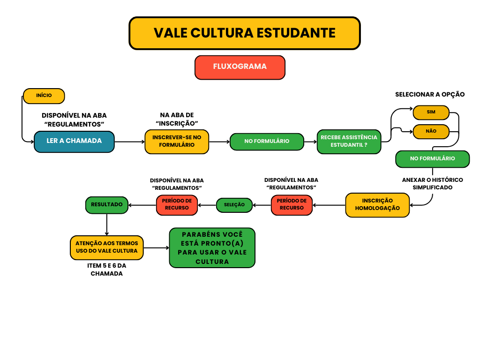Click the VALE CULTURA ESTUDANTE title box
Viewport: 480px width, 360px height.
244,33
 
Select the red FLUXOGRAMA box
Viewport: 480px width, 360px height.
240,67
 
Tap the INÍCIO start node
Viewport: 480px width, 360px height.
44,96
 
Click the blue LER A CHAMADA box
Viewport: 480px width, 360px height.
74,141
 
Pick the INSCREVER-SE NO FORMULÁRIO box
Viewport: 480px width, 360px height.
177,141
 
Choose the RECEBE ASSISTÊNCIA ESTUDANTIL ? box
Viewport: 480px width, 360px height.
349,141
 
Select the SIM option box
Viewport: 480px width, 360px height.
431,112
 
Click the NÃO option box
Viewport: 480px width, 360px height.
431,131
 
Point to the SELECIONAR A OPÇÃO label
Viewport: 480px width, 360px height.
430,94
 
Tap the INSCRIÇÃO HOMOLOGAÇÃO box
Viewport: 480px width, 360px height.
377,205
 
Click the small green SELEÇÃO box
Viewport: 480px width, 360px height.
234,205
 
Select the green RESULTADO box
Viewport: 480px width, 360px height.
107,205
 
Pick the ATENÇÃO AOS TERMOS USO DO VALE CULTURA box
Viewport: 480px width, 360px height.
107,247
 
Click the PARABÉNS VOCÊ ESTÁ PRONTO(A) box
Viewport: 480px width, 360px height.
212,247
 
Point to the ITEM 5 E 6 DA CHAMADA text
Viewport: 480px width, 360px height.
107,270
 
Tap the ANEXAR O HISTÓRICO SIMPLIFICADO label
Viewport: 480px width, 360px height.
432,184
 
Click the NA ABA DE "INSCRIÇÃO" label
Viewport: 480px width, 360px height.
177,119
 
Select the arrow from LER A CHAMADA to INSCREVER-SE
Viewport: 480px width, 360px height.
129,141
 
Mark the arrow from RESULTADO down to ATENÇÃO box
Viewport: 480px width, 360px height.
107,225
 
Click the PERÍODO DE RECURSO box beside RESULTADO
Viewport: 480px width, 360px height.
177,205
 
